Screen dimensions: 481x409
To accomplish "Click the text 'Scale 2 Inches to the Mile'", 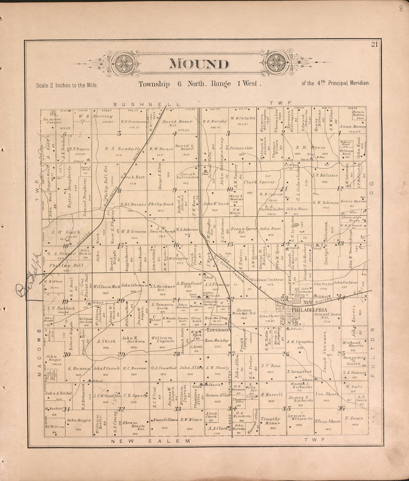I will [67, 85].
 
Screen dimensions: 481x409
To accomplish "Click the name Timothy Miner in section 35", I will [270, 420].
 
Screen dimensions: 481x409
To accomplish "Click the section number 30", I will [67, 354].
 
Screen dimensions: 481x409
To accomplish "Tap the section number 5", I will [119, 133].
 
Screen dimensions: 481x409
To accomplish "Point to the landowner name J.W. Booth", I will [68, 232].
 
